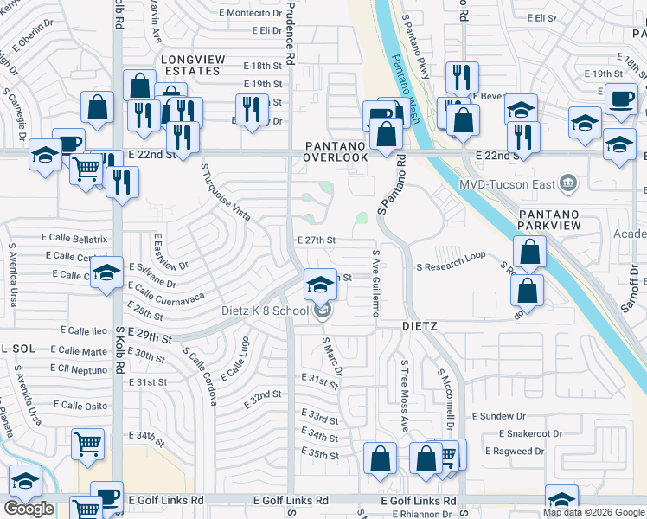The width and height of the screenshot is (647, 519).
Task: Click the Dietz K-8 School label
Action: tap(265, 311)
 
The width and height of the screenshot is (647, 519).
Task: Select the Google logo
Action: tap(29, 508)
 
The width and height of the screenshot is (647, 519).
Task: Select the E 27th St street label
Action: tap(315, 240)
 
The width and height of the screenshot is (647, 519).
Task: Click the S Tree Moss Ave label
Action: tap(404, 396)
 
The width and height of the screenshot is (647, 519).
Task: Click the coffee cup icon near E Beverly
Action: tap(621, 99)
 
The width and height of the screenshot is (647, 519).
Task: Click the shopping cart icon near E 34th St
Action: tap(88, 444)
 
